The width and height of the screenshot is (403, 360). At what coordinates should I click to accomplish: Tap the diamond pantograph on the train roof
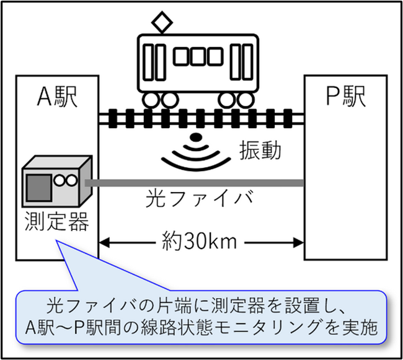tap(164, 24)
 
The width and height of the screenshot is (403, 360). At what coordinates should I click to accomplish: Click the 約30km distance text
tap(200, 241)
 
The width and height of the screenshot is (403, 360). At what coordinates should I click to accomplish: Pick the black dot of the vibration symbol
tap(196, 137)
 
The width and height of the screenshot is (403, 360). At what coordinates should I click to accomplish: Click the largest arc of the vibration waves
tap(196, 162)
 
